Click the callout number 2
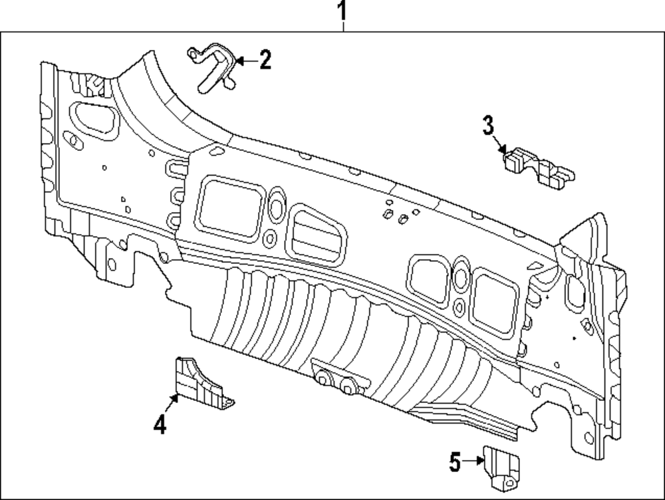pos(265,61)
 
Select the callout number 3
pos(488,125)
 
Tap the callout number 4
pos(160,423)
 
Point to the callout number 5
pos(455,461)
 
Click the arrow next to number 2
pos(243,61)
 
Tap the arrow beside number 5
pos(473,460)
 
